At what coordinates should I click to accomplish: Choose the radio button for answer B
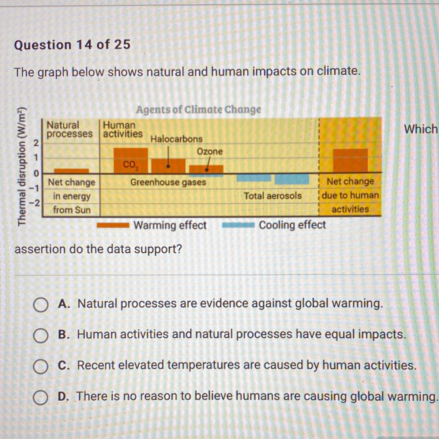41,335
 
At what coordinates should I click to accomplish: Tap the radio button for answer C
41,366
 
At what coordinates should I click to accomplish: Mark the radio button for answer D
41,397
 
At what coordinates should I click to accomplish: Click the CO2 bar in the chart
131,160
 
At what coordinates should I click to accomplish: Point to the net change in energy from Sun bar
72,171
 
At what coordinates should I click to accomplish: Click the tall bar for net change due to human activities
350,161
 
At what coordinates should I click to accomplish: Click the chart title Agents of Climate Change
198,110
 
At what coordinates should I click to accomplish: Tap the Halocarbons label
177,139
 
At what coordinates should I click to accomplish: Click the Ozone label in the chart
210,151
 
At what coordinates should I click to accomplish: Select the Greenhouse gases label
168,182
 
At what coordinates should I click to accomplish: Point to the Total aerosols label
273,196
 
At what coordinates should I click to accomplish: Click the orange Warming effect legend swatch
113,225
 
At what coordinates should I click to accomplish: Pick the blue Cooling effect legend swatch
238,225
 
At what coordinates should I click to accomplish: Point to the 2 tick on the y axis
36,143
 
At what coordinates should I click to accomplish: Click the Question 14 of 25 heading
72,45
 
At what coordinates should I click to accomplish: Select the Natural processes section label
70,130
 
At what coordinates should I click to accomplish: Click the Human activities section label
123,130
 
